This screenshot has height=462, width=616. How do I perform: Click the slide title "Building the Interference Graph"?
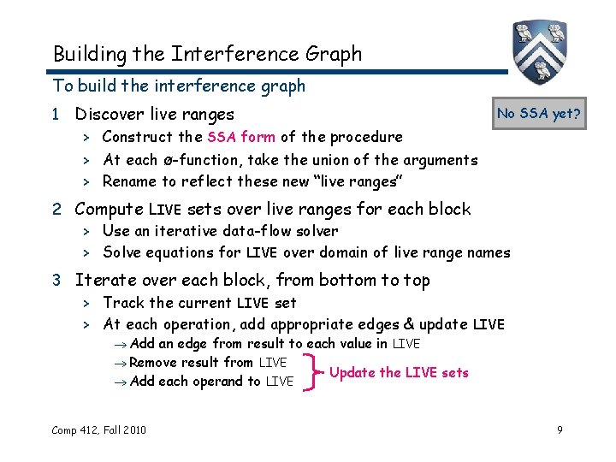tap(207, 54)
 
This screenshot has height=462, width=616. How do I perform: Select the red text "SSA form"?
tap(240, 137)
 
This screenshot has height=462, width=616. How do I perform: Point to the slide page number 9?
tap(560, 429)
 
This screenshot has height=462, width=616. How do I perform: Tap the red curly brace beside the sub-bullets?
tap(310, 372)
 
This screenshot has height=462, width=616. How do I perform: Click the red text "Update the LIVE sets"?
tap(399, 372)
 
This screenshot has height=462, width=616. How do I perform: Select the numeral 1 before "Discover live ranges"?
tap(57, 114)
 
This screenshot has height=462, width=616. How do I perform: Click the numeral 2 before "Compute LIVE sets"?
tap(57, 209)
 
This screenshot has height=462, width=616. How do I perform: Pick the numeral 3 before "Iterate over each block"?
tap(57, 280)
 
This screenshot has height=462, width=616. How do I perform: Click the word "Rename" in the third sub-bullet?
tap(129, 181)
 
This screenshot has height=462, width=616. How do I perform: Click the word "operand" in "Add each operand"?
tap(226, 382)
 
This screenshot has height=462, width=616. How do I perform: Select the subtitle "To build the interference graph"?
tap(179, 86)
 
